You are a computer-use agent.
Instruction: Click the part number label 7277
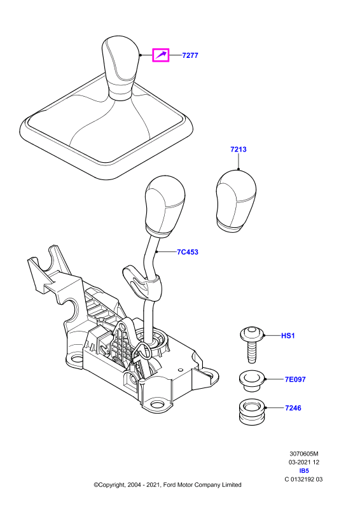[x=190, y=55]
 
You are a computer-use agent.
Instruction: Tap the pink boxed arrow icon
[x=161, y=55]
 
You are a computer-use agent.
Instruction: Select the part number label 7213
[x=239, y=150]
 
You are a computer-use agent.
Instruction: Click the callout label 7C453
[x=187, y=252]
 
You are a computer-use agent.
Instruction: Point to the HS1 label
[x=287, y=336]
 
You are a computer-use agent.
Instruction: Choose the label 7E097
[x=295, y=379]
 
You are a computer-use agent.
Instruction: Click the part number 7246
[x=293, y=408]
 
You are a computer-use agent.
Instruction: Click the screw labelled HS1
[x=253, y=344]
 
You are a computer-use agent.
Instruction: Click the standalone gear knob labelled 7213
[x=236, y=201]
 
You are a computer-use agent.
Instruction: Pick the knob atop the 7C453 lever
[x=165, y=207]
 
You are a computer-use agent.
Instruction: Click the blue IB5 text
[x=303, y=471]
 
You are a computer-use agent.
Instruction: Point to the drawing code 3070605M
[x=304, y=454]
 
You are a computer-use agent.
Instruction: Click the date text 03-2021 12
[x=304, y=463]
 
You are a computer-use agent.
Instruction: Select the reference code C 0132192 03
[x=303, y=479]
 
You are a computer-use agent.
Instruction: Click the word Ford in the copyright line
[x=169, y=485]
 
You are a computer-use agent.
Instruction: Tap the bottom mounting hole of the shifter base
[x=158, y=405]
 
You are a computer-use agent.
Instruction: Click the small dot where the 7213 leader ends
[x=239, y=169]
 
